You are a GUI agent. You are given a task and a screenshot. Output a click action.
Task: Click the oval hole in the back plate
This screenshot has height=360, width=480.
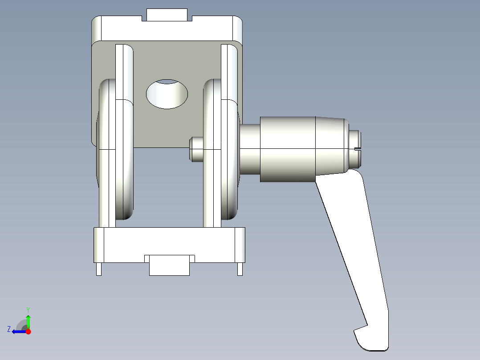pos(167,94)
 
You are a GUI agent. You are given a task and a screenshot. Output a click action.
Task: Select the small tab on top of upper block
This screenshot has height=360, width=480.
pos(167,15)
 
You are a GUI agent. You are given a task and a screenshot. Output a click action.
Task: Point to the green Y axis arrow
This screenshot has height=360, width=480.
pos(28,320)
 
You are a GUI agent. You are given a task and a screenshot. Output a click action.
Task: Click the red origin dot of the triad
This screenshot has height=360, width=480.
pos(28,331)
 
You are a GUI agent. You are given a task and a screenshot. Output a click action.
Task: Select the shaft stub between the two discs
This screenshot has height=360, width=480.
pos(196,149)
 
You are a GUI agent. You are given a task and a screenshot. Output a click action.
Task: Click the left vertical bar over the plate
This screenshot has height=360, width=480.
pos(124,71)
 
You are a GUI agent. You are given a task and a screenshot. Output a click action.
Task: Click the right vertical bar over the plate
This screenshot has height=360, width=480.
pos(229,71)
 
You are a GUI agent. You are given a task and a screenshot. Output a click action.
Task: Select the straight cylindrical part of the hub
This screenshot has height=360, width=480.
pos(288,149)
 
